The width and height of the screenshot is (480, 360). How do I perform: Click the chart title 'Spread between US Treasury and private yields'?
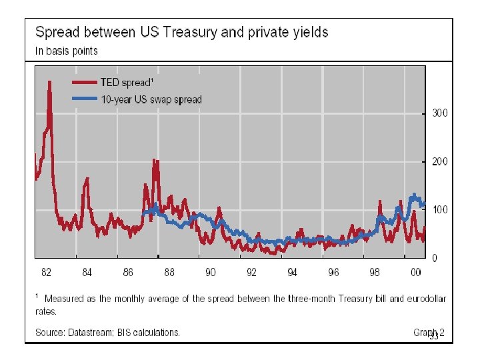(x=181, y=32)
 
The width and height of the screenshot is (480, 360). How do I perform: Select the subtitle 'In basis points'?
(x=66, y=51)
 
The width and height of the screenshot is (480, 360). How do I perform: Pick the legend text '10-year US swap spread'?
(x=151, y=100)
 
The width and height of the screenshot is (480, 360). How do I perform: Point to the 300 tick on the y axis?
(x=440, y=113)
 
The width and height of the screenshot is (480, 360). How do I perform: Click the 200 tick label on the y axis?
(x=440, y=161)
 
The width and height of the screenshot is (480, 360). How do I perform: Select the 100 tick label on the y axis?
(x=440, y=209)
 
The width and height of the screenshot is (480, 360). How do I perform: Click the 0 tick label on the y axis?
(x=435, y=258)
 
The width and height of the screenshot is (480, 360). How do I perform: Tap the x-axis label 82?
(x=46, y=272)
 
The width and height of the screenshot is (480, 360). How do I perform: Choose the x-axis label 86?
(x=128, y=272)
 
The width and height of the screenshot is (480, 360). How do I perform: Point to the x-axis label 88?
(x=169, y=272)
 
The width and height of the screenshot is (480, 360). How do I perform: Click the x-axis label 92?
(x=251, y=272)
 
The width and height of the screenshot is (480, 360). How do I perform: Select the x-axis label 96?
(x=333, y=272)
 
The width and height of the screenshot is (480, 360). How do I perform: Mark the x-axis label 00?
(x=415, y=272)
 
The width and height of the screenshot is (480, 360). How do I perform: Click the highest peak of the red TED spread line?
(x=49, y=82)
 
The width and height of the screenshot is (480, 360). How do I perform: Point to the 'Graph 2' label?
(x=428, y=332)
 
